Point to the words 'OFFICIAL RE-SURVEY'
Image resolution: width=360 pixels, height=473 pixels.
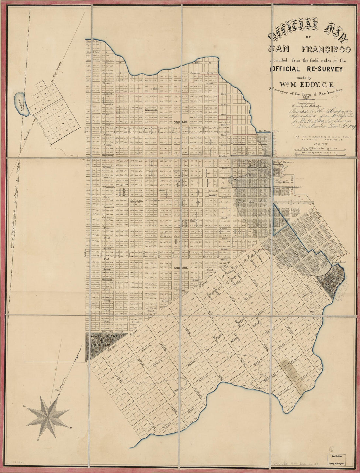tap(306, 69)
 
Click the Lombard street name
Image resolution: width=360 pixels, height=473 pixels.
tap(108, 94)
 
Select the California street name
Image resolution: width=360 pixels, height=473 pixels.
tap(108, 217)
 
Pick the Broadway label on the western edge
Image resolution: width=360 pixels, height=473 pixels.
tap(107, 156)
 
